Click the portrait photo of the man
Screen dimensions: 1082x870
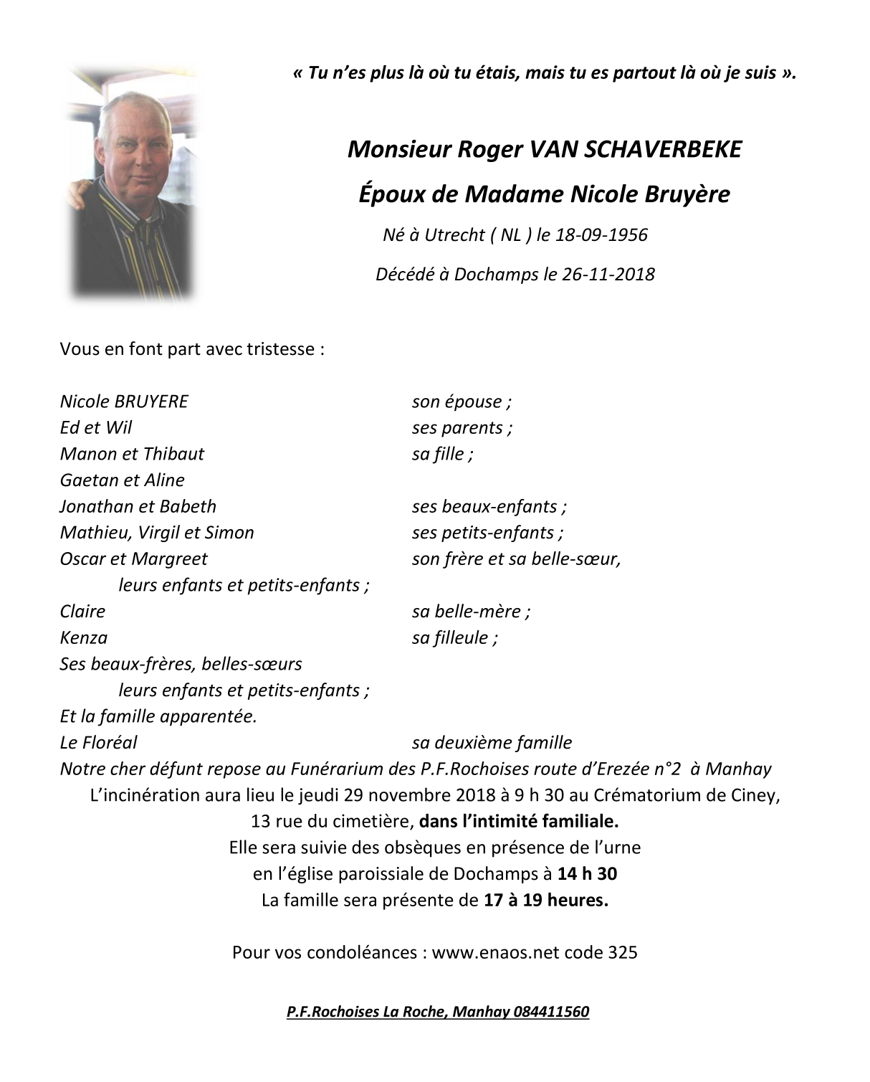click(132, 182)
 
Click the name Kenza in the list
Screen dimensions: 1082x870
click(84, 637)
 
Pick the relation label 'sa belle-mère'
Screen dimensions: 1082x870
click(471, 611)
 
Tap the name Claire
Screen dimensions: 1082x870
click(82, 611)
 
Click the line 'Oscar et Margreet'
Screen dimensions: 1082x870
click(134, 559)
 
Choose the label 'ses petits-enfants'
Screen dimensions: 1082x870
click(487, 532)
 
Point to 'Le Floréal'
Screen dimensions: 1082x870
click(98, 742)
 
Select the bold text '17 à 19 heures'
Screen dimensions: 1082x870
click(545, 900)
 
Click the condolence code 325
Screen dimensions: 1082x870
click(623, 952)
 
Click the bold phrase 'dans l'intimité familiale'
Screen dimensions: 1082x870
click(519, 821)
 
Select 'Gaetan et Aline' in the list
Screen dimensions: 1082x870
click(123, 480)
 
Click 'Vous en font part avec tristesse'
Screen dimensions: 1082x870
click(192, 349)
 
